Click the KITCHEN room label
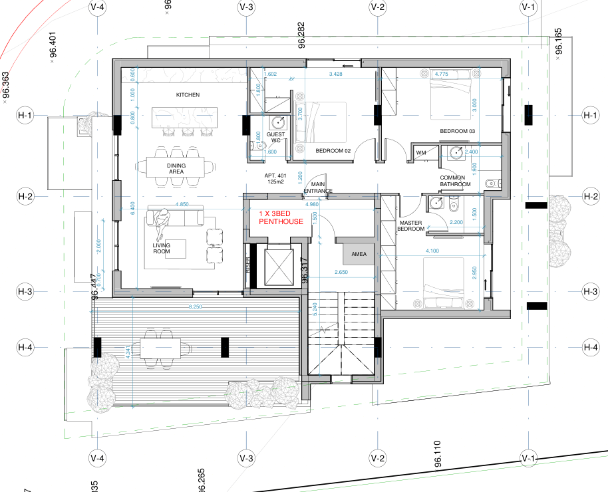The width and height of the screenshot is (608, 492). [188, 95]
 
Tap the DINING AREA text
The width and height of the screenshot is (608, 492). [176, 169]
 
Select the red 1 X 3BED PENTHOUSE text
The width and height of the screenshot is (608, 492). [281, 217]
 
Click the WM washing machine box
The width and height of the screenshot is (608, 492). [420, 154]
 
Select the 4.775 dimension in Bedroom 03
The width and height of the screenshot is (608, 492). [441, 74]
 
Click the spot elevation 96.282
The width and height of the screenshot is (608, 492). [301, 35]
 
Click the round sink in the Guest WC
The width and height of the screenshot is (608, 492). [278, 122]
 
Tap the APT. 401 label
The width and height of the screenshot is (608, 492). [275, 178]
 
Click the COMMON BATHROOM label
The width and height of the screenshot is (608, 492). [456, 182]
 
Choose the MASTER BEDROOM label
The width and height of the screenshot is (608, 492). [411, 226]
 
